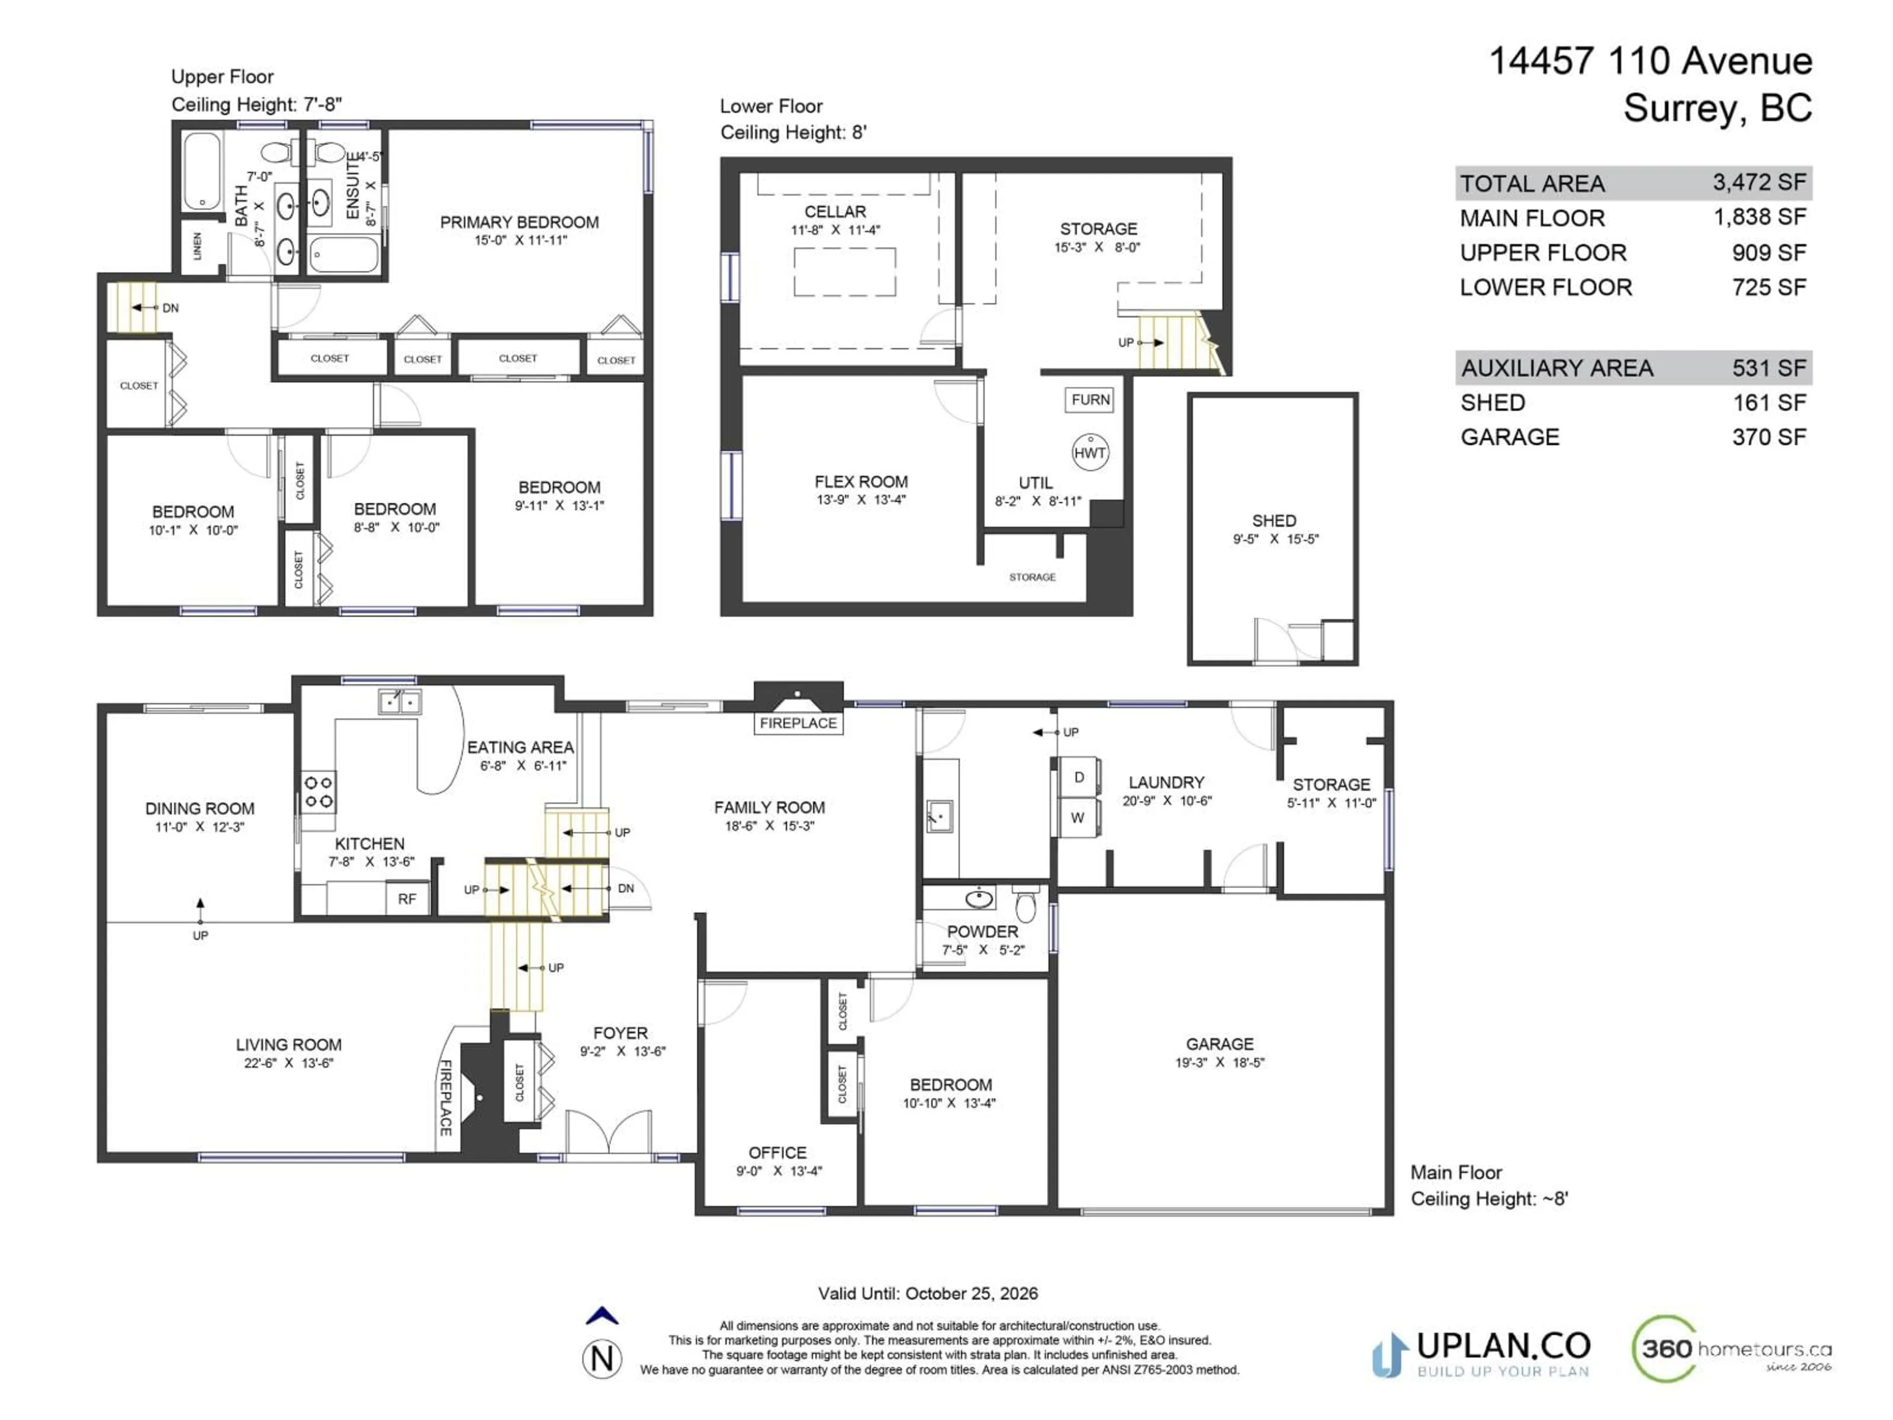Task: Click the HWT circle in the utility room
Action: [x=1090, y=453]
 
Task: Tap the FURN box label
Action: [x=1090, y=400]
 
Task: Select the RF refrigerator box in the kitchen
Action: [x=407, y=899]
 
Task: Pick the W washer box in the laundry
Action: [x=1078, y=817]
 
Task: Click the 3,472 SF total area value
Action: [x=1758, y=182]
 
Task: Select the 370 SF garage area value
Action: [x=1769, y=437]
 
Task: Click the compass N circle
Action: [x=602, y=1359]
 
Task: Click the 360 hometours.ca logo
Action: [x=1730, y=1350]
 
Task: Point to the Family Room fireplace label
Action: [x=798, y=723]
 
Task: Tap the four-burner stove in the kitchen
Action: [x=318, y=792]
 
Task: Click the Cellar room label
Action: [x=835, y=212]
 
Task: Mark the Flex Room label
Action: [x=861, y=482]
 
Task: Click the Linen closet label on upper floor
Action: [x=198, y=247]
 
